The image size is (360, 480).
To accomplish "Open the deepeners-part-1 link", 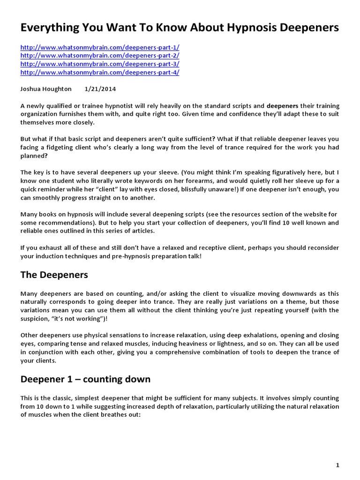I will coord(99,47).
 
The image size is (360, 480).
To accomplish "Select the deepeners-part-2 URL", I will coord(99,56).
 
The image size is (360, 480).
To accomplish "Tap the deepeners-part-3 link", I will coord(99,64).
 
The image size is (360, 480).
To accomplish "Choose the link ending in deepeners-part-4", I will coord(99,73).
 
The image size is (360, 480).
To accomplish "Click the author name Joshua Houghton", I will coord(46,89).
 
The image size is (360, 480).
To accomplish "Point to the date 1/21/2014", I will coord(100,89).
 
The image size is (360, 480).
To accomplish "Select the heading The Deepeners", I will coord(54,275).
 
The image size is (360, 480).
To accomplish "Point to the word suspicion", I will coord(37,318).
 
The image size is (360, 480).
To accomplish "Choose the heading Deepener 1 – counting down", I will coord(85,379).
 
